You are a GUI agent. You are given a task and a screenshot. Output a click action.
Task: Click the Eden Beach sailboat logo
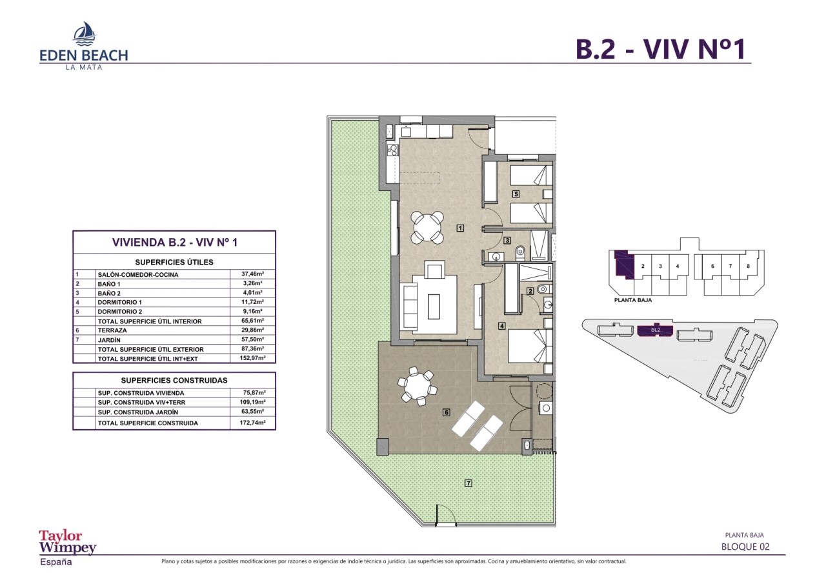[84, 34]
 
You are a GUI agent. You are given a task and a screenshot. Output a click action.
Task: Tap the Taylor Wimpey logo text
[68, 542]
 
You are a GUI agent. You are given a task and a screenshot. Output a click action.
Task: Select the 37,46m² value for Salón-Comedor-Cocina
[248, 274]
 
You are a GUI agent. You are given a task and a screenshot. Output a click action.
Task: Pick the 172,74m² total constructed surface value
[248, 423]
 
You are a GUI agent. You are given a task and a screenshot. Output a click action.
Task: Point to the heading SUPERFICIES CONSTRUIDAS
[174, 381]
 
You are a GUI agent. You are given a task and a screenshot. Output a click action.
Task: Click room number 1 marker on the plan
[460, 227]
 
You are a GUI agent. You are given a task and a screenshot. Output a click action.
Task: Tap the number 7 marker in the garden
[468, 483]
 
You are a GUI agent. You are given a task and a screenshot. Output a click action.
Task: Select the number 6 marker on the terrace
[446, 412]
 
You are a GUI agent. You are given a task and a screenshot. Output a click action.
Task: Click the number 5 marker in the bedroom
[516, 194]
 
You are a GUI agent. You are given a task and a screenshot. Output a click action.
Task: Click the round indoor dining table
[428, 227]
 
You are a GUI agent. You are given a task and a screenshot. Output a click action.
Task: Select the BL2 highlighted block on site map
[655, 330]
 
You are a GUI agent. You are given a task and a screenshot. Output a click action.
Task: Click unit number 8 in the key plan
[747, 266]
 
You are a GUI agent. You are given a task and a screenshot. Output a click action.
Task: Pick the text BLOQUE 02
[745, 547]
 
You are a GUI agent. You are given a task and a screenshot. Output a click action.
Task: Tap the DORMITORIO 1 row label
[119, 302]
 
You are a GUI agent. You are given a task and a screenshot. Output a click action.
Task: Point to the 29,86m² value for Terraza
[248, 330]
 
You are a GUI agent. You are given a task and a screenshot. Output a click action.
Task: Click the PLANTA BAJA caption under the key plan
[633, 300]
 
